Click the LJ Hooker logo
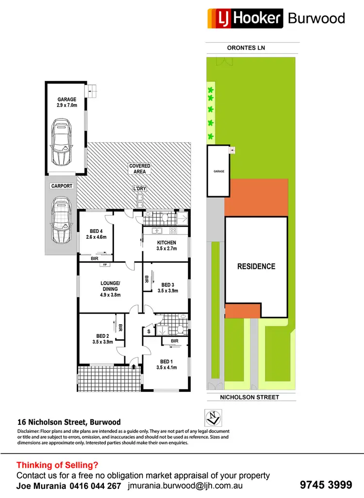coord(245,18)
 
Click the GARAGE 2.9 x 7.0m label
coord(66,102)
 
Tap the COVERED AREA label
coord(140,169)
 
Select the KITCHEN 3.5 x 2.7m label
coord(166,246)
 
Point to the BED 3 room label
coord(168,288)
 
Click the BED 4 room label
coord(97,234)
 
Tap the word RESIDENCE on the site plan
coord(256,266)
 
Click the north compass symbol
coord(213,416)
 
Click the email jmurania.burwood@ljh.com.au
coord(186,485)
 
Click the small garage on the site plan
coord(218,171)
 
